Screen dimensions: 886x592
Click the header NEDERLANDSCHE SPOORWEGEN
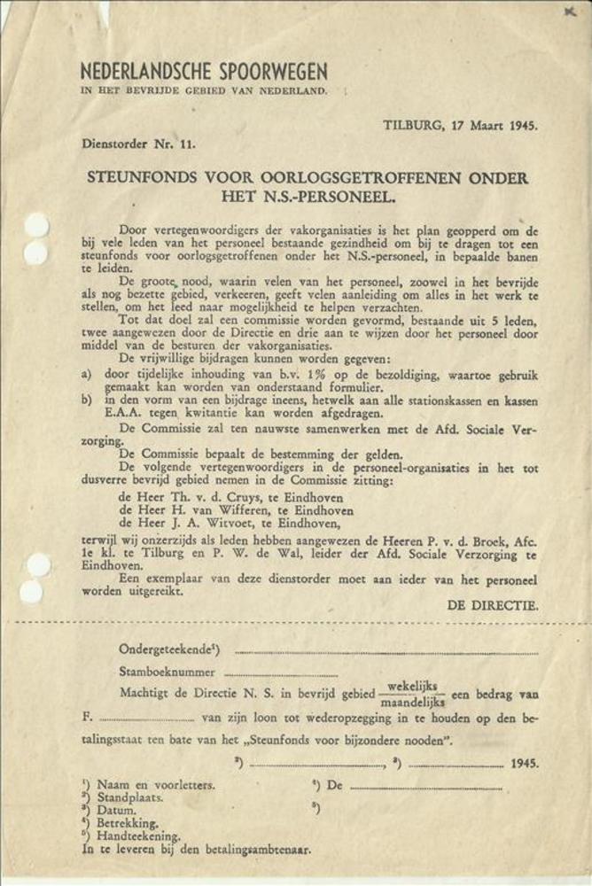pyautogui.click(x=203, y=72)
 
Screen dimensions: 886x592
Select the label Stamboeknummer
pyautogui.click(x=167, y=672)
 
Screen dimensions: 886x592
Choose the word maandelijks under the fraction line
pyautogui.click(x=415, y=701)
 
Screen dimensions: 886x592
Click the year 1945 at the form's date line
pyautogui.click(x=524, y=762)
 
